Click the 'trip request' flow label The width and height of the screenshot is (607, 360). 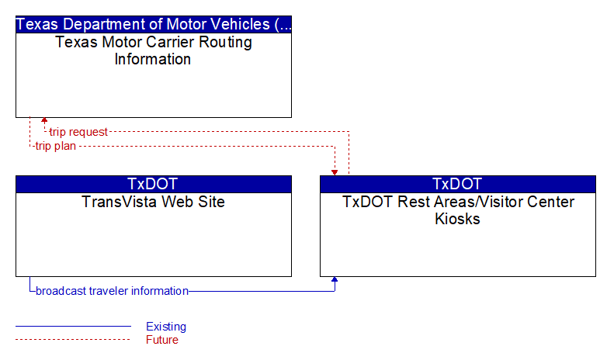click(78, 132)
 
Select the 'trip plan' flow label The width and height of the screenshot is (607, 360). click(55, 147)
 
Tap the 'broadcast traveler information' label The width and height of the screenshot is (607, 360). click(112, 291)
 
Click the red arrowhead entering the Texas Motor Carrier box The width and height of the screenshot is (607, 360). click(44, 120)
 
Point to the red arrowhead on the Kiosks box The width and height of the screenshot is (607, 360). click(335, 173)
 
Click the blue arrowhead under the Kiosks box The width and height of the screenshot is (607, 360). click(335, 279)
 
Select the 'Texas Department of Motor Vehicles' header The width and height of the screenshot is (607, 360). click(154, 24)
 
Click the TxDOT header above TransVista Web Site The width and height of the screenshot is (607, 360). click(153, 184)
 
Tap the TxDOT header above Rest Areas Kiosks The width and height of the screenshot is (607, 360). click(457, 184)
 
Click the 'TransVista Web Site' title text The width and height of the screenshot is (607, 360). click(153, 202)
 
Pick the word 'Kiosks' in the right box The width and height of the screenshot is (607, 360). click(457, 219)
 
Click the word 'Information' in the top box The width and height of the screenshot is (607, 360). click(152, 59)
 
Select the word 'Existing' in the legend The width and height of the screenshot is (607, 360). click(166, 327)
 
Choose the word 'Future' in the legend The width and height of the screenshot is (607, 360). click(162, 340)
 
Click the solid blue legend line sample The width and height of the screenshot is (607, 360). click(73, 327)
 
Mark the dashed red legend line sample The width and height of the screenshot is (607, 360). click(73, 340)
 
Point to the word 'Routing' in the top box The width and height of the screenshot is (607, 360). click(225, 42)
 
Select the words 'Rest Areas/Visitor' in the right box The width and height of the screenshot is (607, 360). click(458, 202)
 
